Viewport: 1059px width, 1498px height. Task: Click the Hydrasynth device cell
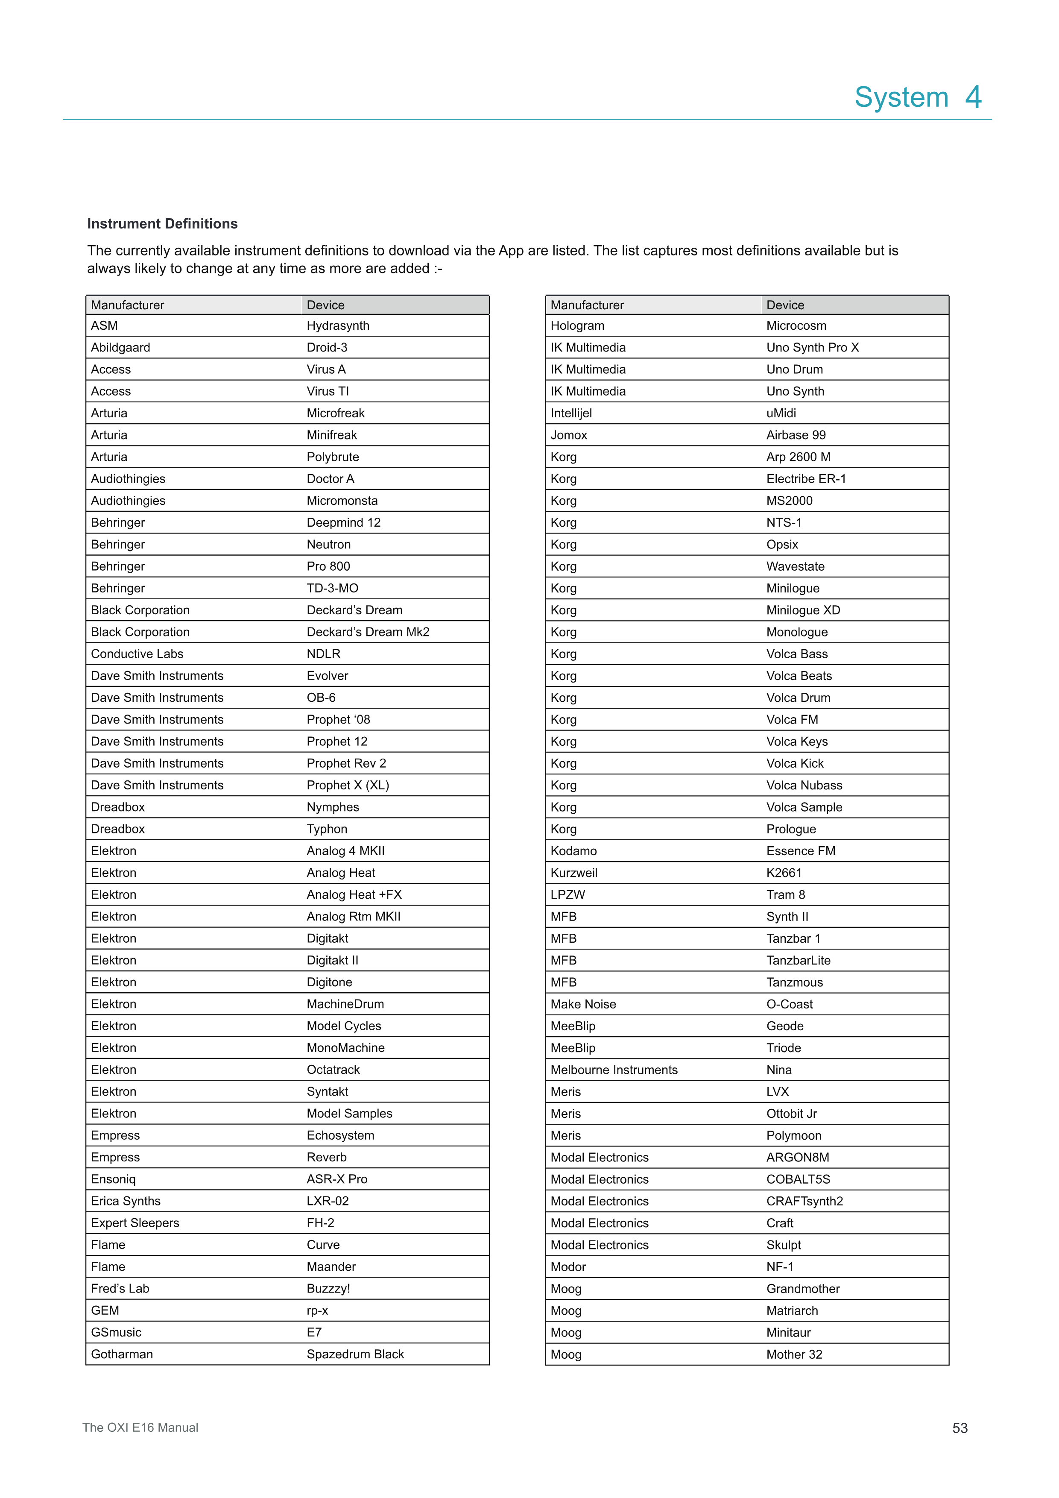[x=338, y=325]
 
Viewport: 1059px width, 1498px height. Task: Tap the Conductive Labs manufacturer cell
[x=137, y=654]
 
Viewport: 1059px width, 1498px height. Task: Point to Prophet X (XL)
[x=348, y=785]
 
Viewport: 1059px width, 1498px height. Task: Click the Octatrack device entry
[x=333, y=1069]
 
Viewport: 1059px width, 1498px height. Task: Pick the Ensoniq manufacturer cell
[x=114, y=1179]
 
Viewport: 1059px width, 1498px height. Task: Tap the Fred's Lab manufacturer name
[x=120, y=1289]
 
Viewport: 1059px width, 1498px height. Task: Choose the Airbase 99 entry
[x=796, y=435]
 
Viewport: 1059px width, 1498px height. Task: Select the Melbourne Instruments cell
[x=614, y=1069]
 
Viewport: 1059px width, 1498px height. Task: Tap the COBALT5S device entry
[x=798, y=1179]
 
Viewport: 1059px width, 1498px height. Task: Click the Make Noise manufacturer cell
[x=582, y=1004]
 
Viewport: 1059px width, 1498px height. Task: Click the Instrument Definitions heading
[x=162, y=224]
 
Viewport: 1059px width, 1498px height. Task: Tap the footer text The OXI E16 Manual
[x=140, y=1428]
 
